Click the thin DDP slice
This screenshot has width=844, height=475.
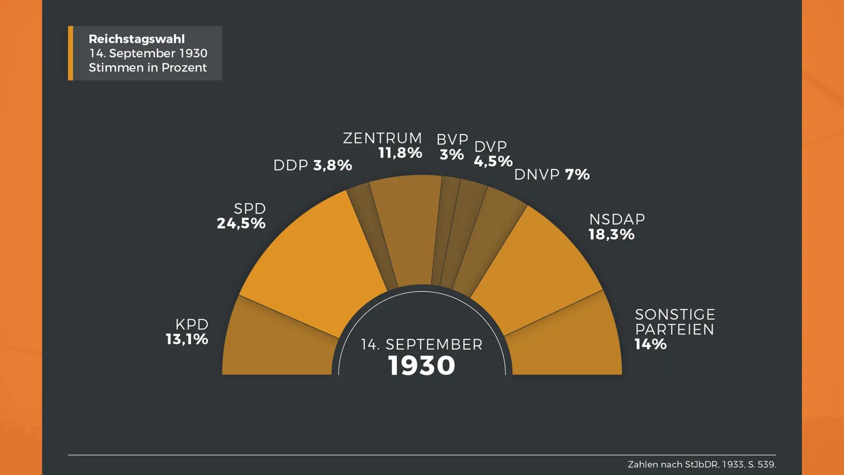(371, 233)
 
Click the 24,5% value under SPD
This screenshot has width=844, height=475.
(241, 223)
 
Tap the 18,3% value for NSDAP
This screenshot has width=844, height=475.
(611, 234)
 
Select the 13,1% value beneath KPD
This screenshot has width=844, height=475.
(187, 339)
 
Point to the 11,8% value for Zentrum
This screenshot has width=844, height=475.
(400, 153)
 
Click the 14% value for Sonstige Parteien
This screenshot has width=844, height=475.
(650, 344)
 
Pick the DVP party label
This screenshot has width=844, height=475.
(491, 146)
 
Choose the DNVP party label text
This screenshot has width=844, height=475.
(537, 175)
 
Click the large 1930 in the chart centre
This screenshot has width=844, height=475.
(422, 365)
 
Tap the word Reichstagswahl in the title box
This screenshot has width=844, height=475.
(137, 39)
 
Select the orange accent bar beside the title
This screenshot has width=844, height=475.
(70, 53)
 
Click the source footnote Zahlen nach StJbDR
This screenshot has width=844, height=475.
(702, 464)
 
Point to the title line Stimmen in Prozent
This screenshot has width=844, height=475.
(148, 68)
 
